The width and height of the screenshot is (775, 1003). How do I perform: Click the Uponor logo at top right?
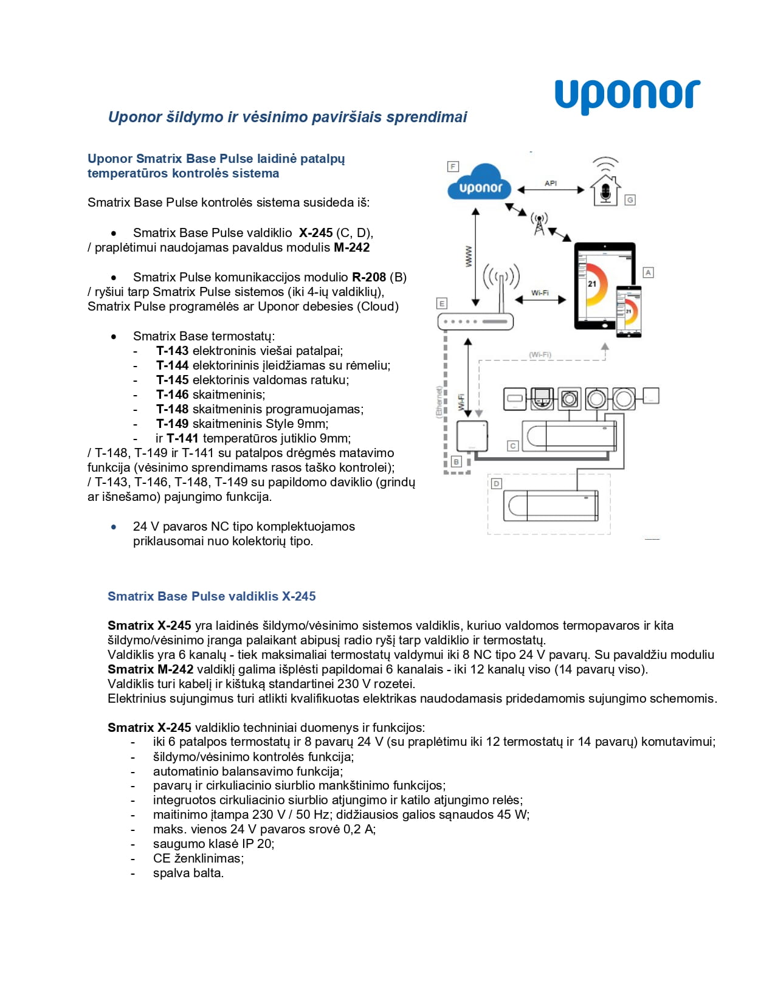[627, 96]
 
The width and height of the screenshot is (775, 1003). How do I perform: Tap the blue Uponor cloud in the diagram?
[480, 184]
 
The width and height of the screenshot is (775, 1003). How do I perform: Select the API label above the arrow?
[551, 183]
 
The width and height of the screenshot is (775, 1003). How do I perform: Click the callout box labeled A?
[649, 272]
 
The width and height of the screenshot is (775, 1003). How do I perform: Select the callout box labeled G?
[630, 200]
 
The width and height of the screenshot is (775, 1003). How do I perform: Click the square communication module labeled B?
[472, 436]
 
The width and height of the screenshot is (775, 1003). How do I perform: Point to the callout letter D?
[497, 483]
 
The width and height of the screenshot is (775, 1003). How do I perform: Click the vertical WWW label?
[468, 256]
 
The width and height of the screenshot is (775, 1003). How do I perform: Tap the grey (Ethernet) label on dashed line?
[439, 401]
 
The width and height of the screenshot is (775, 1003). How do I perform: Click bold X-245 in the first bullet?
[315, 233]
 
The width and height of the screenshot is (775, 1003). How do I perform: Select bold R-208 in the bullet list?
[369, 277]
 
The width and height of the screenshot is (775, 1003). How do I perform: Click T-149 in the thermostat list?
[173, 424]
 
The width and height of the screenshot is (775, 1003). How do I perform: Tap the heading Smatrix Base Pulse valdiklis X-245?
[212, 596]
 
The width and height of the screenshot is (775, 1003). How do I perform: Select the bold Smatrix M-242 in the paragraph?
[150, 669]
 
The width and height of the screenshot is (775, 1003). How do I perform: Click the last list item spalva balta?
[188, 873]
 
